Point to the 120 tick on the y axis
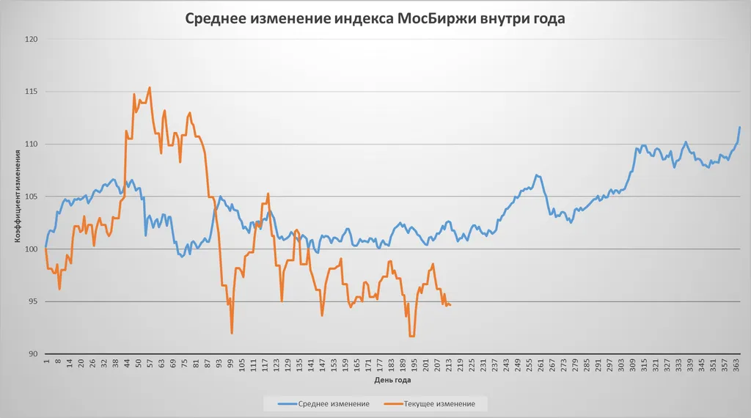31,39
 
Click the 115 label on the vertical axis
31,92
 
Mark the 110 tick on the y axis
31,144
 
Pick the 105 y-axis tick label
31,197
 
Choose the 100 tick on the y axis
31,249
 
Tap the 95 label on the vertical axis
33,301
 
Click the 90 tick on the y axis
33,354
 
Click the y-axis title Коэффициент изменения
17,197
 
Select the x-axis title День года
392,381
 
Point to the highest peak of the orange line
150,87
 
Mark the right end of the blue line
740,128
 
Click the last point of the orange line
450,305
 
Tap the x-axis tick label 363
736,364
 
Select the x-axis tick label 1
46,362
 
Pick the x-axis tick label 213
449,364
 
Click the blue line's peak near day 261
537,175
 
